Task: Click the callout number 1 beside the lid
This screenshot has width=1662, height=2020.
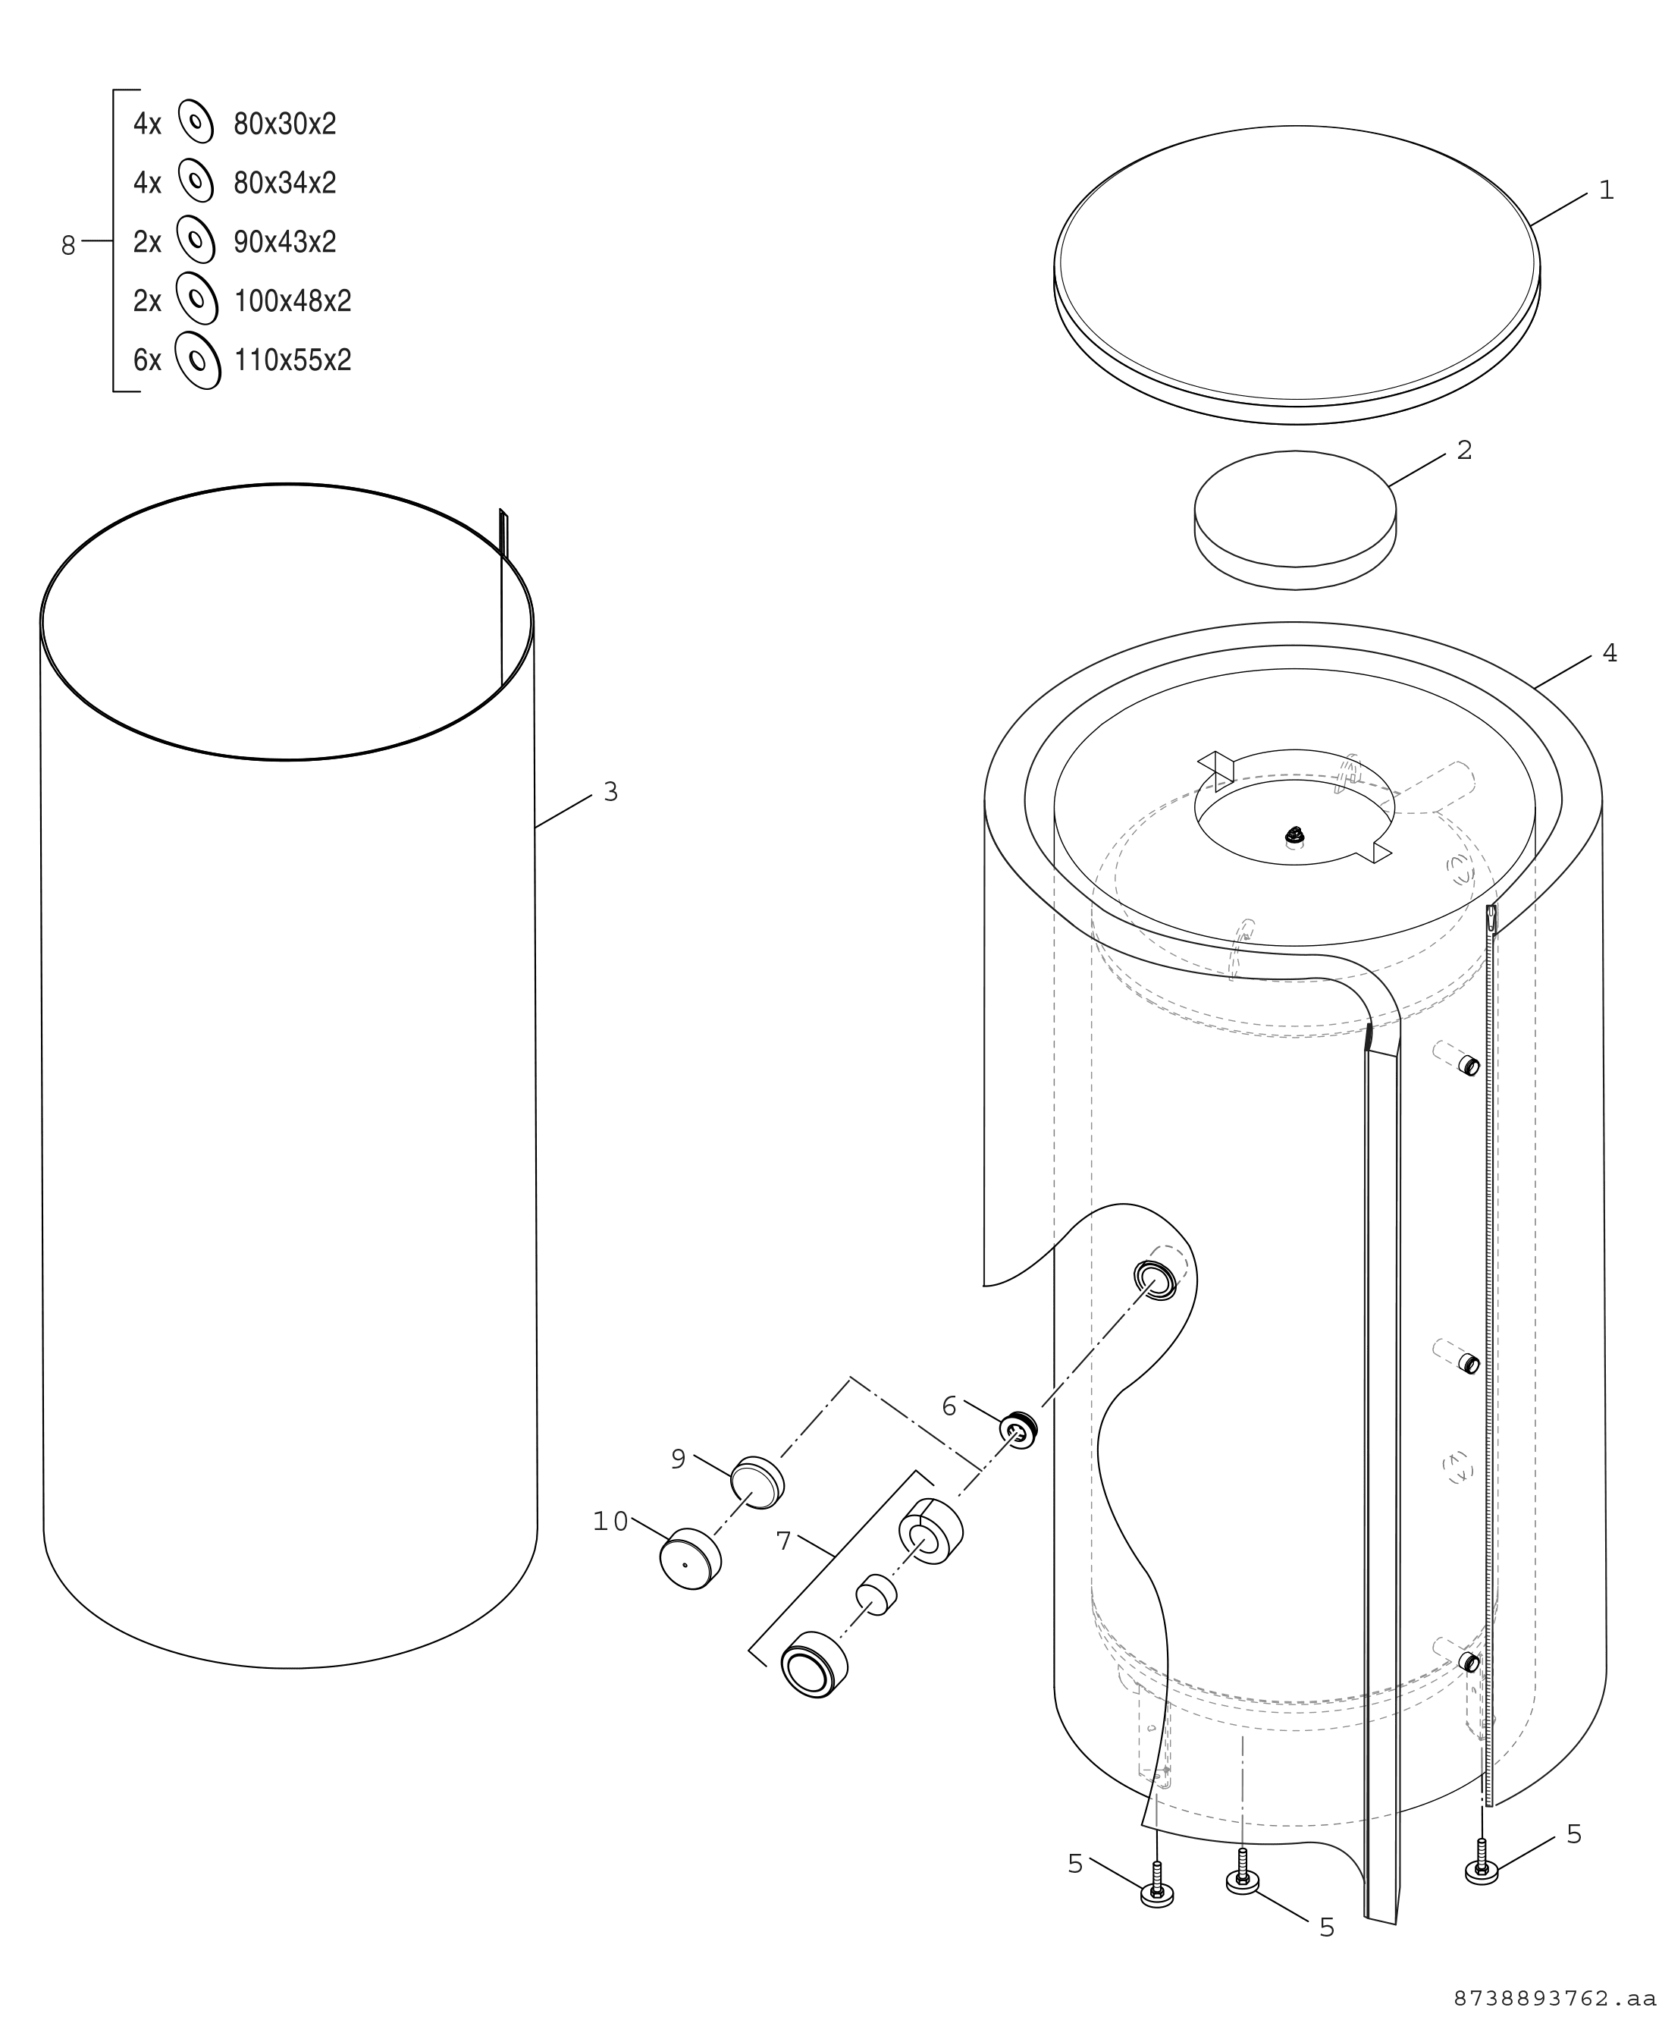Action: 1607,190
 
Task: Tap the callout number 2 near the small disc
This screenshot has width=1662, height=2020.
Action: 1464,450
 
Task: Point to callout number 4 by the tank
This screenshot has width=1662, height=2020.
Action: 1610,653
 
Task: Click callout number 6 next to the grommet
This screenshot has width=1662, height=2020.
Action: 949,1406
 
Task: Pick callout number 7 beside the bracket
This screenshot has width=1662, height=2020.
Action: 783,1541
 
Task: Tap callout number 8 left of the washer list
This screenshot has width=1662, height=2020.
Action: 68,247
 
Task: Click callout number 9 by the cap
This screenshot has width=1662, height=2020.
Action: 678,1459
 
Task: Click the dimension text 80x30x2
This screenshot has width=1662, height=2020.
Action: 285,124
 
